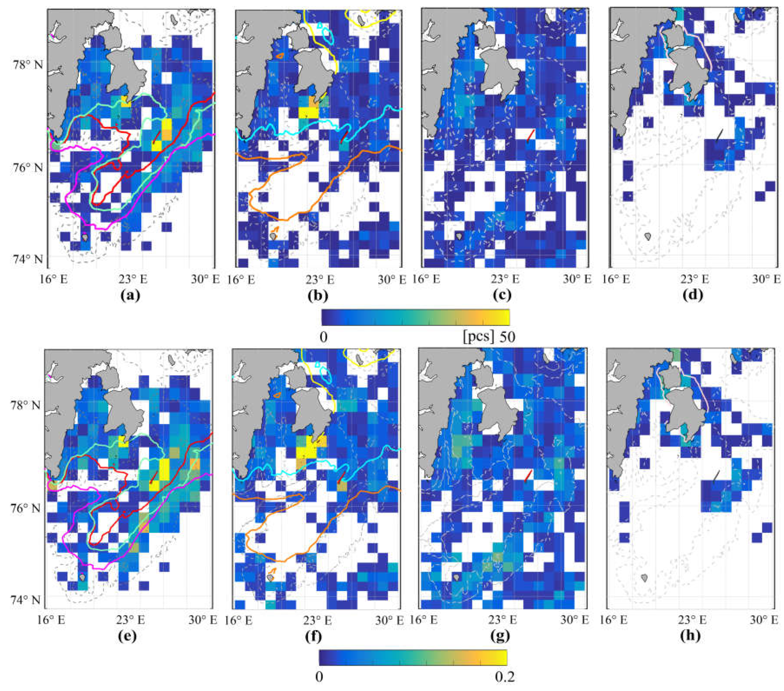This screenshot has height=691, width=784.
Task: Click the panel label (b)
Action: coord(318,295)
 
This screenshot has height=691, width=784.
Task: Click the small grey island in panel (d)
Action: coord(648,236)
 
